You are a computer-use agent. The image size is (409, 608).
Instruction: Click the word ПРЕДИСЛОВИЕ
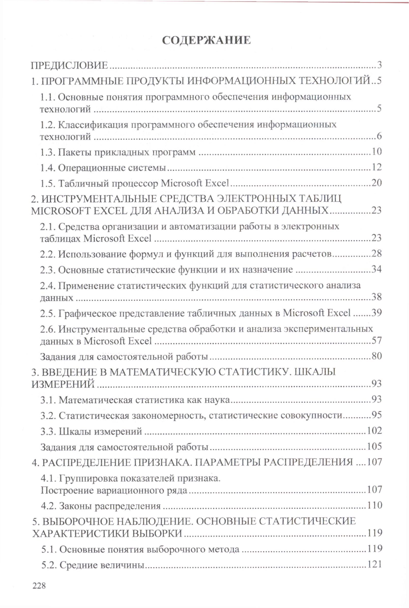pos(69,65)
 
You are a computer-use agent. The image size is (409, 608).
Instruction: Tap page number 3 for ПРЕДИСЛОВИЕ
pos(379,65)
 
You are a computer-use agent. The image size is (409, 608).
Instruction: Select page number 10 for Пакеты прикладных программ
pos(376,151)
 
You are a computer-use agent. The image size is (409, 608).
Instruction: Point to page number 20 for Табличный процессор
pos(376,183)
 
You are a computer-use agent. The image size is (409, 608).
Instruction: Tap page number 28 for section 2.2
pos(376,253)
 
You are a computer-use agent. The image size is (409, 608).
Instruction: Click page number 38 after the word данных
pos(376,297)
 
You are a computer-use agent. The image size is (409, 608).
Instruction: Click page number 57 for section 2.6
pos(376,340)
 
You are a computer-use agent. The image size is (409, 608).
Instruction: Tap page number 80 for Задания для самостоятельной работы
pos(376,356)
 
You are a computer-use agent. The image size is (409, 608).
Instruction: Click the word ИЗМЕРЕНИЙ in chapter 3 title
pos(63,383)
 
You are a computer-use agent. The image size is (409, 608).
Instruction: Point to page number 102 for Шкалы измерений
pos(374,431)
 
